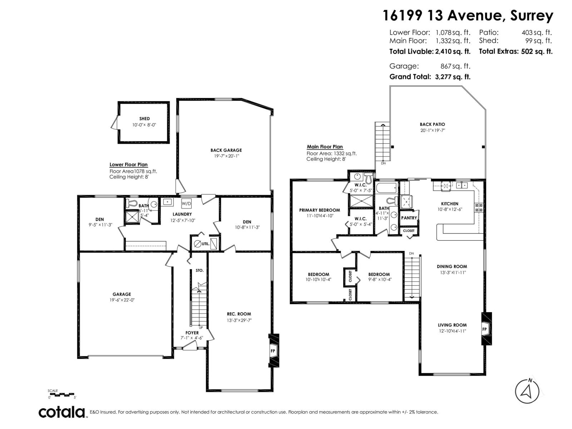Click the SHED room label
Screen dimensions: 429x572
coord(144,119)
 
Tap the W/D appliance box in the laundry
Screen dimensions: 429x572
coord(186,203)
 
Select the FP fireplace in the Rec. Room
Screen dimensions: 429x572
coord(273,351)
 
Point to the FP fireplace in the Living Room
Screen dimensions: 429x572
coord(485,329)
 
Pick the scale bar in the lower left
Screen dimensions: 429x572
coord(62,395)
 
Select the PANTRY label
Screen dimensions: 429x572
coord(409,218)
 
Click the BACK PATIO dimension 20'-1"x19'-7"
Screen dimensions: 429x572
coord(433,130)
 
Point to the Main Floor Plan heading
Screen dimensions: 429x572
coord(325,147)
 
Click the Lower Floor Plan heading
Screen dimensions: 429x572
coord(128,165)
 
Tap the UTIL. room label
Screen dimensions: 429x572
coord(205,244)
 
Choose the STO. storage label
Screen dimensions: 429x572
coord(199,271)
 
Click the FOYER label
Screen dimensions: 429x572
coord(192,333)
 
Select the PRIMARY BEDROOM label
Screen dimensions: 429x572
coord(319,210)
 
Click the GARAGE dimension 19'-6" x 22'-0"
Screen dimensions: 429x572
coord(122,300)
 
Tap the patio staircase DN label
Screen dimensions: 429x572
coord(383,163)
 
